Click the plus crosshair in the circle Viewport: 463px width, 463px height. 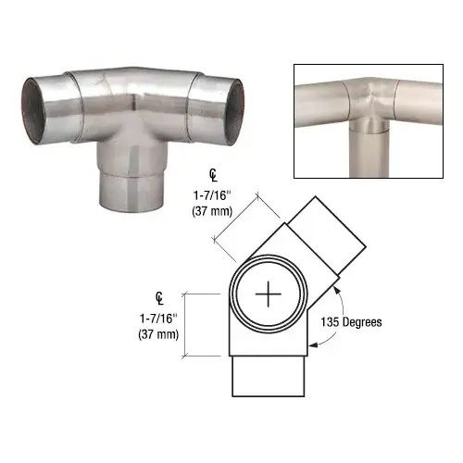coord(269,294)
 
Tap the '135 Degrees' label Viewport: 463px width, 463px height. coord(351,322)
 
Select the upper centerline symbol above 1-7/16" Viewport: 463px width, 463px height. coord(213,176)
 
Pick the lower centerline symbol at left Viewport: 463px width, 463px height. coord(159,299)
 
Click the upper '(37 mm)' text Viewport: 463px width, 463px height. coord(212,211)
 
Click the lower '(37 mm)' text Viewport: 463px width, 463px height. coord(158,334)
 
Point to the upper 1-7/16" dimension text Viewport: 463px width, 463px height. coord(212,195)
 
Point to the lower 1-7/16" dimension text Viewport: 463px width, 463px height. coord(158,319)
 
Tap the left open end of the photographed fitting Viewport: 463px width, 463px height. coord(32,110)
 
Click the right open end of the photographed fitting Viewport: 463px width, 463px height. coord(235,112)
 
